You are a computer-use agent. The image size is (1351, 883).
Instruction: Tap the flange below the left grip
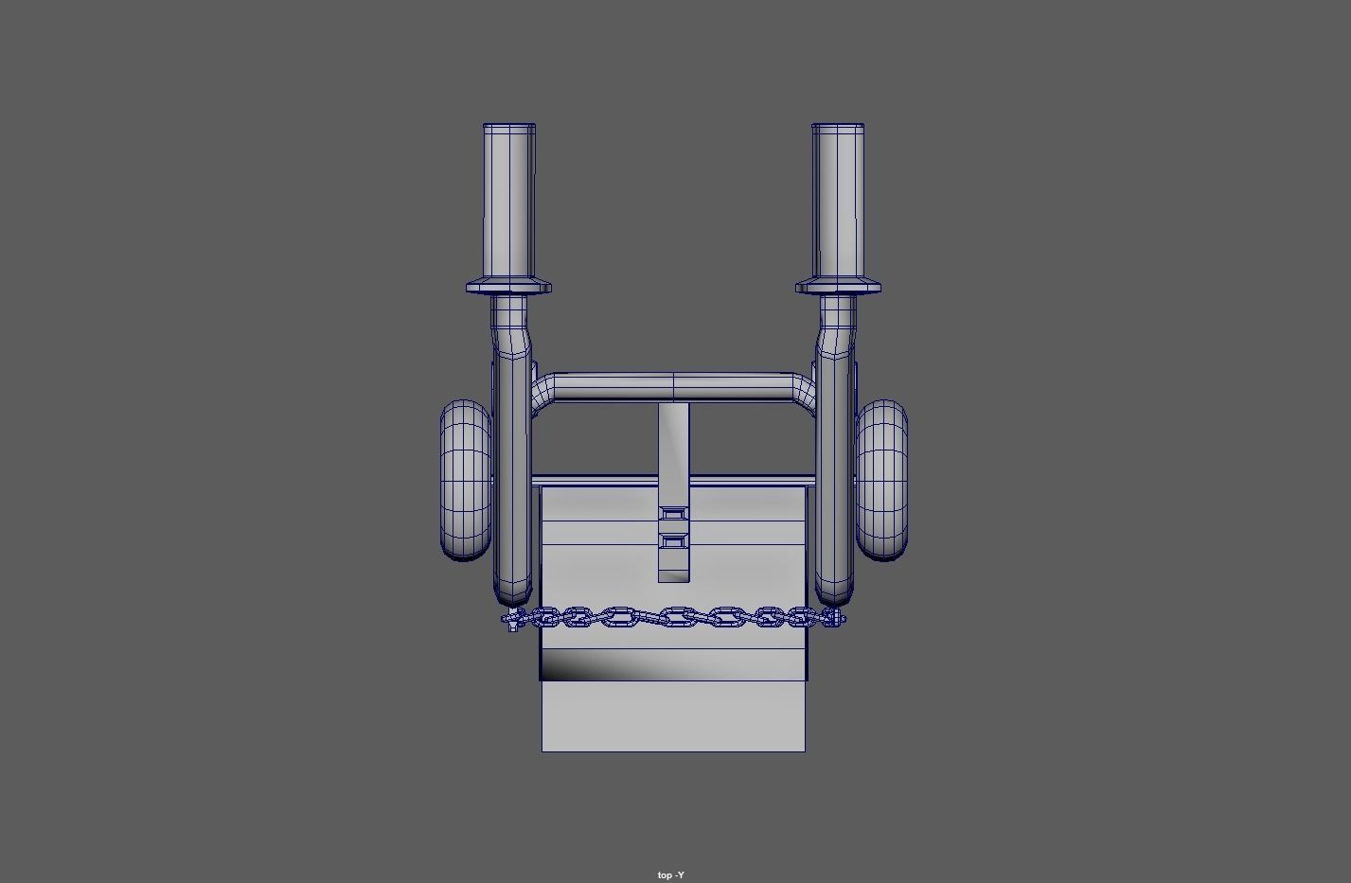coord(509,287)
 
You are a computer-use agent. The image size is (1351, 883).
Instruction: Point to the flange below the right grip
coord(838,287)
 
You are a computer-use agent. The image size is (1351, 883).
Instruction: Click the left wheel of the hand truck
coord(465,480)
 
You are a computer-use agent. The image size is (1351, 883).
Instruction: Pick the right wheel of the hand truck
coord(881,480)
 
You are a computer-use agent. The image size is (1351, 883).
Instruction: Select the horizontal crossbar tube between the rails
coord(673,387)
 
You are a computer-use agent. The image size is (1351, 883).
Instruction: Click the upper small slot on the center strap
coord(673,514)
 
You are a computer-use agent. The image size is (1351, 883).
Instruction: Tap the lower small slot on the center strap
coord(673,541)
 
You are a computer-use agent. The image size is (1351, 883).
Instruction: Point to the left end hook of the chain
coord(511,620)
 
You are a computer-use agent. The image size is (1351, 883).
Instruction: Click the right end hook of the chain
coord(834,619)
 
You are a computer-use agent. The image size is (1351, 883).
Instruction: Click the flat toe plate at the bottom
coord(673,716)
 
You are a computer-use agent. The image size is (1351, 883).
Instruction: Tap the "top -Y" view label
coord(670,874)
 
